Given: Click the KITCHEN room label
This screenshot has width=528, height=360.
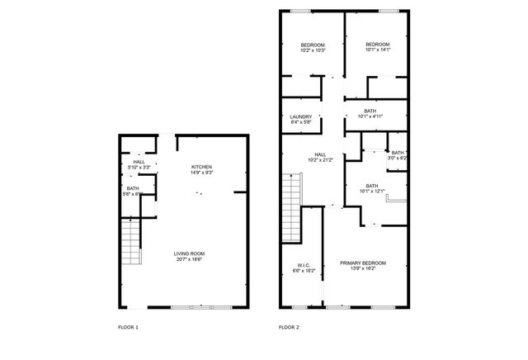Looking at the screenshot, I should pyautogui.click(x=202, y=167).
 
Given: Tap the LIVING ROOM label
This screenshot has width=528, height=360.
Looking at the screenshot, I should pyautogui.click(x=189, y=253).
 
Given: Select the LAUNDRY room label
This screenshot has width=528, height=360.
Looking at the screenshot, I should pyautogui.click(x=301, y=116).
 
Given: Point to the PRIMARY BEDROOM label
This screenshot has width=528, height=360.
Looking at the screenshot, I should pyautogui.click(x=363, y=263).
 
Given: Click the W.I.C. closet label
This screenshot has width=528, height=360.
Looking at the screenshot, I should pyautogui.click(x=303, y=264).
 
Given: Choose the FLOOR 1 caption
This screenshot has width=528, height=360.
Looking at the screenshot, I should pyautogui.click(x=128, y=328).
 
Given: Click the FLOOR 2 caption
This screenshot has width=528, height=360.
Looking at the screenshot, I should pyautogui.click(x=289, y=328).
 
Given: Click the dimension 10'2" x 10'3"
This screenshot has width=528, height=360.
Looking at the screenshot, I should pyautogui.click(x=313, y=50).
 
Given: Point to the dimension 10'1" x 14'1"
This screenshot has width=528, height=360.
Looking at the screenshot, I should pyautogui.click(x=378, y=50).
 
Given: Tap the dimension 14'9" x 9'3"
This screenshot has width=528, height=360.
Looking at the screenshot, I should pyautogui.click(x=202, y=173).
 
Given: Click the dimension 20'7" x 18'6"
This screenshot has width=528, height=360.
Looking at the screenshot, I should pyautogui.click(x=189, y=259).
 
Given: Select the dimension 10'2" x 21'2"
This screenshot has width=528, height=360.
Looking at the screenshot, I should pyautogui.click(x=320, y=160).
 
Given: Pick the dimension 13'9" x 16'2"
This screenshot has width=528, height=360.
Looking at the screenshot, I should pyautogui.click(x=363, y=268).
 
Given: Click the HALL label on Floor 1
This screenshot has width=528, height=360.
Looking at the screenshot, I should pyautogui.click(x=139, y=162).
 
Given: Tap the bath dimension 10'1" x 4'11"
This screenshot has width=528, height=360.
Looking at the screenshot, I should pyautogui.click(x=370, y=116).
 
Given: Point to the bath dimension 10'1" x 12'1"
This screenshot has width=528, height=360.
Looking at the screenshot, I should pyautogui.click(x=371, y=192).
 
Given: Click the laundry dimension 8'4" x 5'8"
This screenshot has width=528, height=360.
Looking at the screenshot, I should pyautogui.click(x=301, y=122).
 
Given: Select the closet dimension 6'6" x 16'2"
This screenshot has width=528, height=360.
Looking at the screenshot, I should pyautogui.click(x=303, y=270).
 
